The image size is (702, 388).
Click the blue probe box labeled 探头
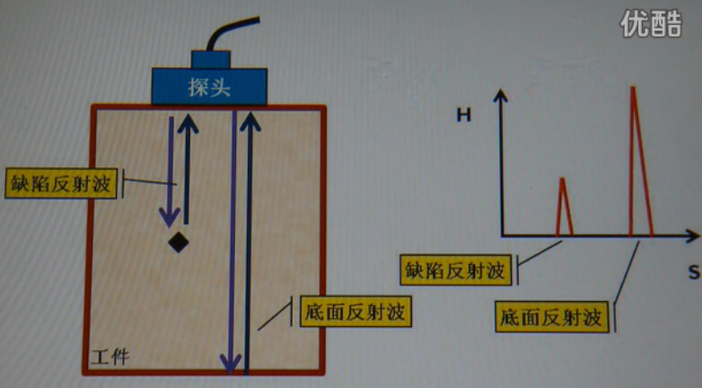(x=209, y=86)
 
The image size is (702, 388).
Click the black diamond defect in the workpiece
(x=179, y=242)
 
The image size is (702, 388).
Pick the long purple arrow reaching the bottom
(x=233, y=242)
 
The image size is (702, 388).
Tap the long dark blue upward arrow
(x=249, y=242)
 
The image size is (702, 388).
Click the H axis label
(x=463, y=115)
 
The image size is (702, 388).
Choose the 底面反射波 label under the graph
(x=553, y=317)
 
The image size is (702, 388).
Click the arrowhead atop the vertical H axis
(x=503, y=94)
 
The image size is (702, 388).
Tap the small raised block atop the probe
(x=211, y=59)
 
